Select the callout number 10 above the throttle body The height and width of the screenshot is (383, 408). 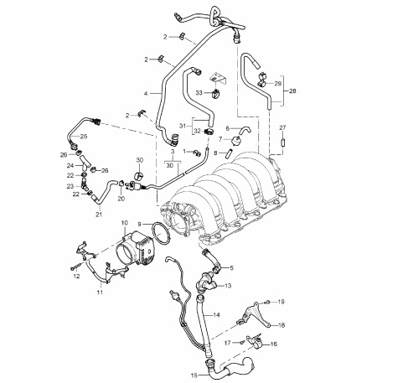click(x=125, y=223)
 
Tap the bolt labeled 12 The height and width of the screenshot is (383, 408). click(x=76, y=267)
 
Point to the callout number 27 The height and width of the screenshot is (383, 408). click(x=282, y=127)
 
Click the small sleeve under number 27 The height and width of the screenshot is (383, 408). click(x=282, y=142)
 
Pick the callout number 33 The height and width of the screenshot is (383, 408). click(x=199, y=93)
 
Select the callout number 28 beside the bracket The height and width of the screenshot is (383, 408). click(x=292, y=91)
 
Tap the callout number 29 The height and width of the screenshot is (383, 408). click(x=278, y=84)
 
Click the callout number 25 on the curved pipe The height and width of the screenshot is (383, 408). click(x=84, y=137)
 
